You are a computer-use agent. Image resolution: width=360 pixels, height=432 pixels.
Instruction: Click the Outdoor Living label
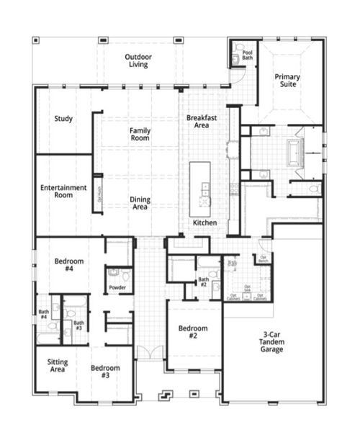click(137, 60)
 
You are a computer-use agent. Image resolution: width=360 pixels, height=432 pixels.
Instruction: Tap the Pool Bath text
click(248, 55)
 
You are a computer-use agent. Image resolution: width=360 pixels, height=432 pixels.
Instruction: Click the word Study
click(63, 119)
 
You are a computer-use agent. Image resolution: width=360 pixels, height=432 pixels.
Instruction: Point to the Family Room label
click(140, 134)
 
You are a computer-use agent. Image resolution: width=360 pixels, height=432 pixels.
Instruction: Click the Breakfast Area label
click(202, 121)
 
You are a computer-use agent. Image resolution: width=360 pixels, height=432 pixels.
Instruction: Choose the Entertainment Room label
click(63, 191)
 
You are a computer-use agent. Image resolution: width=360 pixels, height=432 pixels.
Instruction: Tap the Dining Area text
click(140, 203)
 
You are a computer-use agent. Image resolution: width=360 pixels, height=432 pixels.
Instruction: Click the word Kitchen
click(204, 223)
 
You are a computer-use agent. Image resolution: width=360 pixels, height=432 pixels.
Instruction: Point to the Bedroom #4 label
click(69, 264)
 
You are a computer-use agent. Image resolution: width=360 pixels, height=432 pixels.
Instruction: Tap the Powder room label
click(117, 287)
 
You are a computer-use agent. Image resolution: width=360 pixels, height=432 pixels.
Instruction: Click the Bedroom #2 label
click(194, 332)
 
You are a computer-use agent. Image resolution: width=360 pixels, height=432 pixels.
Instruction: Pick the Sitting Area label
click(58, 365)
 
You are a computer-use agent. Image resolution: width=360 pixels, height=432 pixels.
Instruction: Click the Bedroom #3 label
click(105, 372)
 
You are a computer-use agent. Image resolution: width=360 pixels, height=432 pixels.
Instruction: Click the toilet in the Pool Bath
click(238, 50)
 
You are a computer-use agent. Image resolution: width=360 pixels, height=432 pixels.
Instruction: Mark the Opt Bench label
click(264, 258)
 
